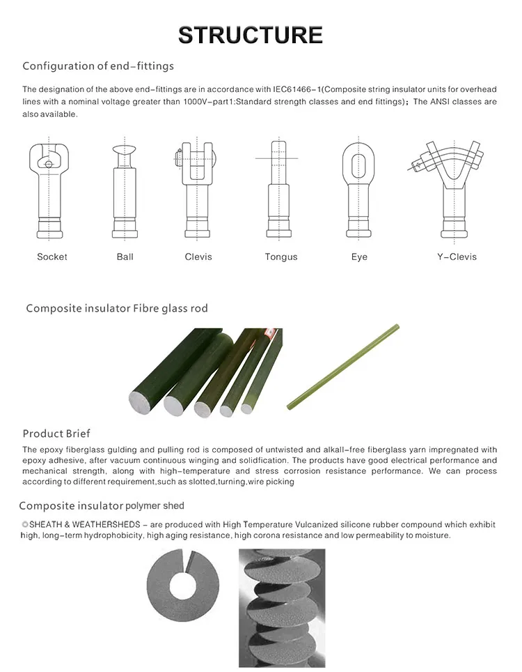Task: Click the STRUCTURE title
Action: click(251, 35)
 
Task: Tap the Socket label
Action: click(52, 257)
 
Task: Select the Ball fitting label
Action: click(125, 257)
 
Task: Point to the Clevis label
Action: click(198, 257)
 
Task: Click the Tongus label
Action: click(281, 257)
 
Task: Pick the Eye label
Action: click(359, 257)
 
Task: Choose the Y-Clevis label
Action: click(457, 257)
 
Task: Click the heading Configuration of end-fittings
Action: click(98, 66)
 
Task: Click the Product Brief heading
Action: click(56, 434)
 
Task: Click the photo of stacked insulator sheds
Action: click(282, 607)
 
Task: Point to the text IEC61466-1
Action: click(296, 89)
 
